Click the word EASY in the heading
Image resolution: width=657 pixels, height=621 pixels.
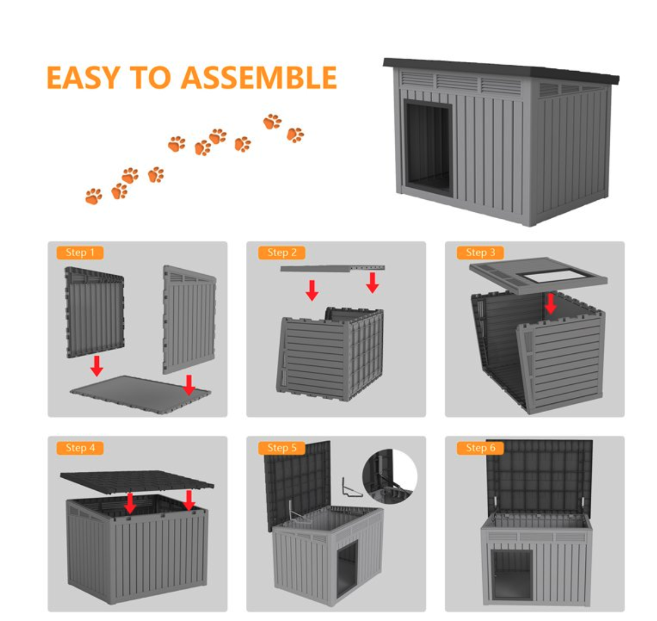[83, 78]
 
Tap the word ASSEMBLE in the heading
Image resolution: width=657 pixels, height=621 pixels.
[258, 78]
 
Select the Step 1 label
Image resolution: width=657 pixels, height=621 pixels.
[80, 252]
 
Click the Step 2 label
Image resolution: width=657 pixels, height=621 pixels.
[282, 252]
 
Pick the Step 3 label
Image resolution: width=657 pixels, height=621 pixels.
[480, 252]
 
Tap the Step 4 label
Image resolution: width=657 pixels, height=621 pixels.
[80, 448]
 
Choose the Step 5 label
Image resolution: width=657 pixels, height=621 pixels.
[282, 448]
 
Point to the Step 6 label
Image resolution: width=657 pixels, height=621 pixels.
[480, 448]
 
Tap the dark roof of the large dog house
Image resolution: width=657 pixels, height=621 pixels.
[501, 70]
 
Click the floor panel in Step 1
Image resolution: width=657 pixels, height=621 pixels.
[140, 394]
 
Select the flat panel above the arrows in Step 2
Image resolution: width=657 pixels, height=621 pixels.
[332, 268]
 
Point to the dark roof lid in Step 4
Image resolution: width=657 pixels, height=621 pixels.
[137, 482]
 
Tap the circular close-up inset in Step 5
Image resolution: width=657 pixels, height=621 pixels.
[390, 477]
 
